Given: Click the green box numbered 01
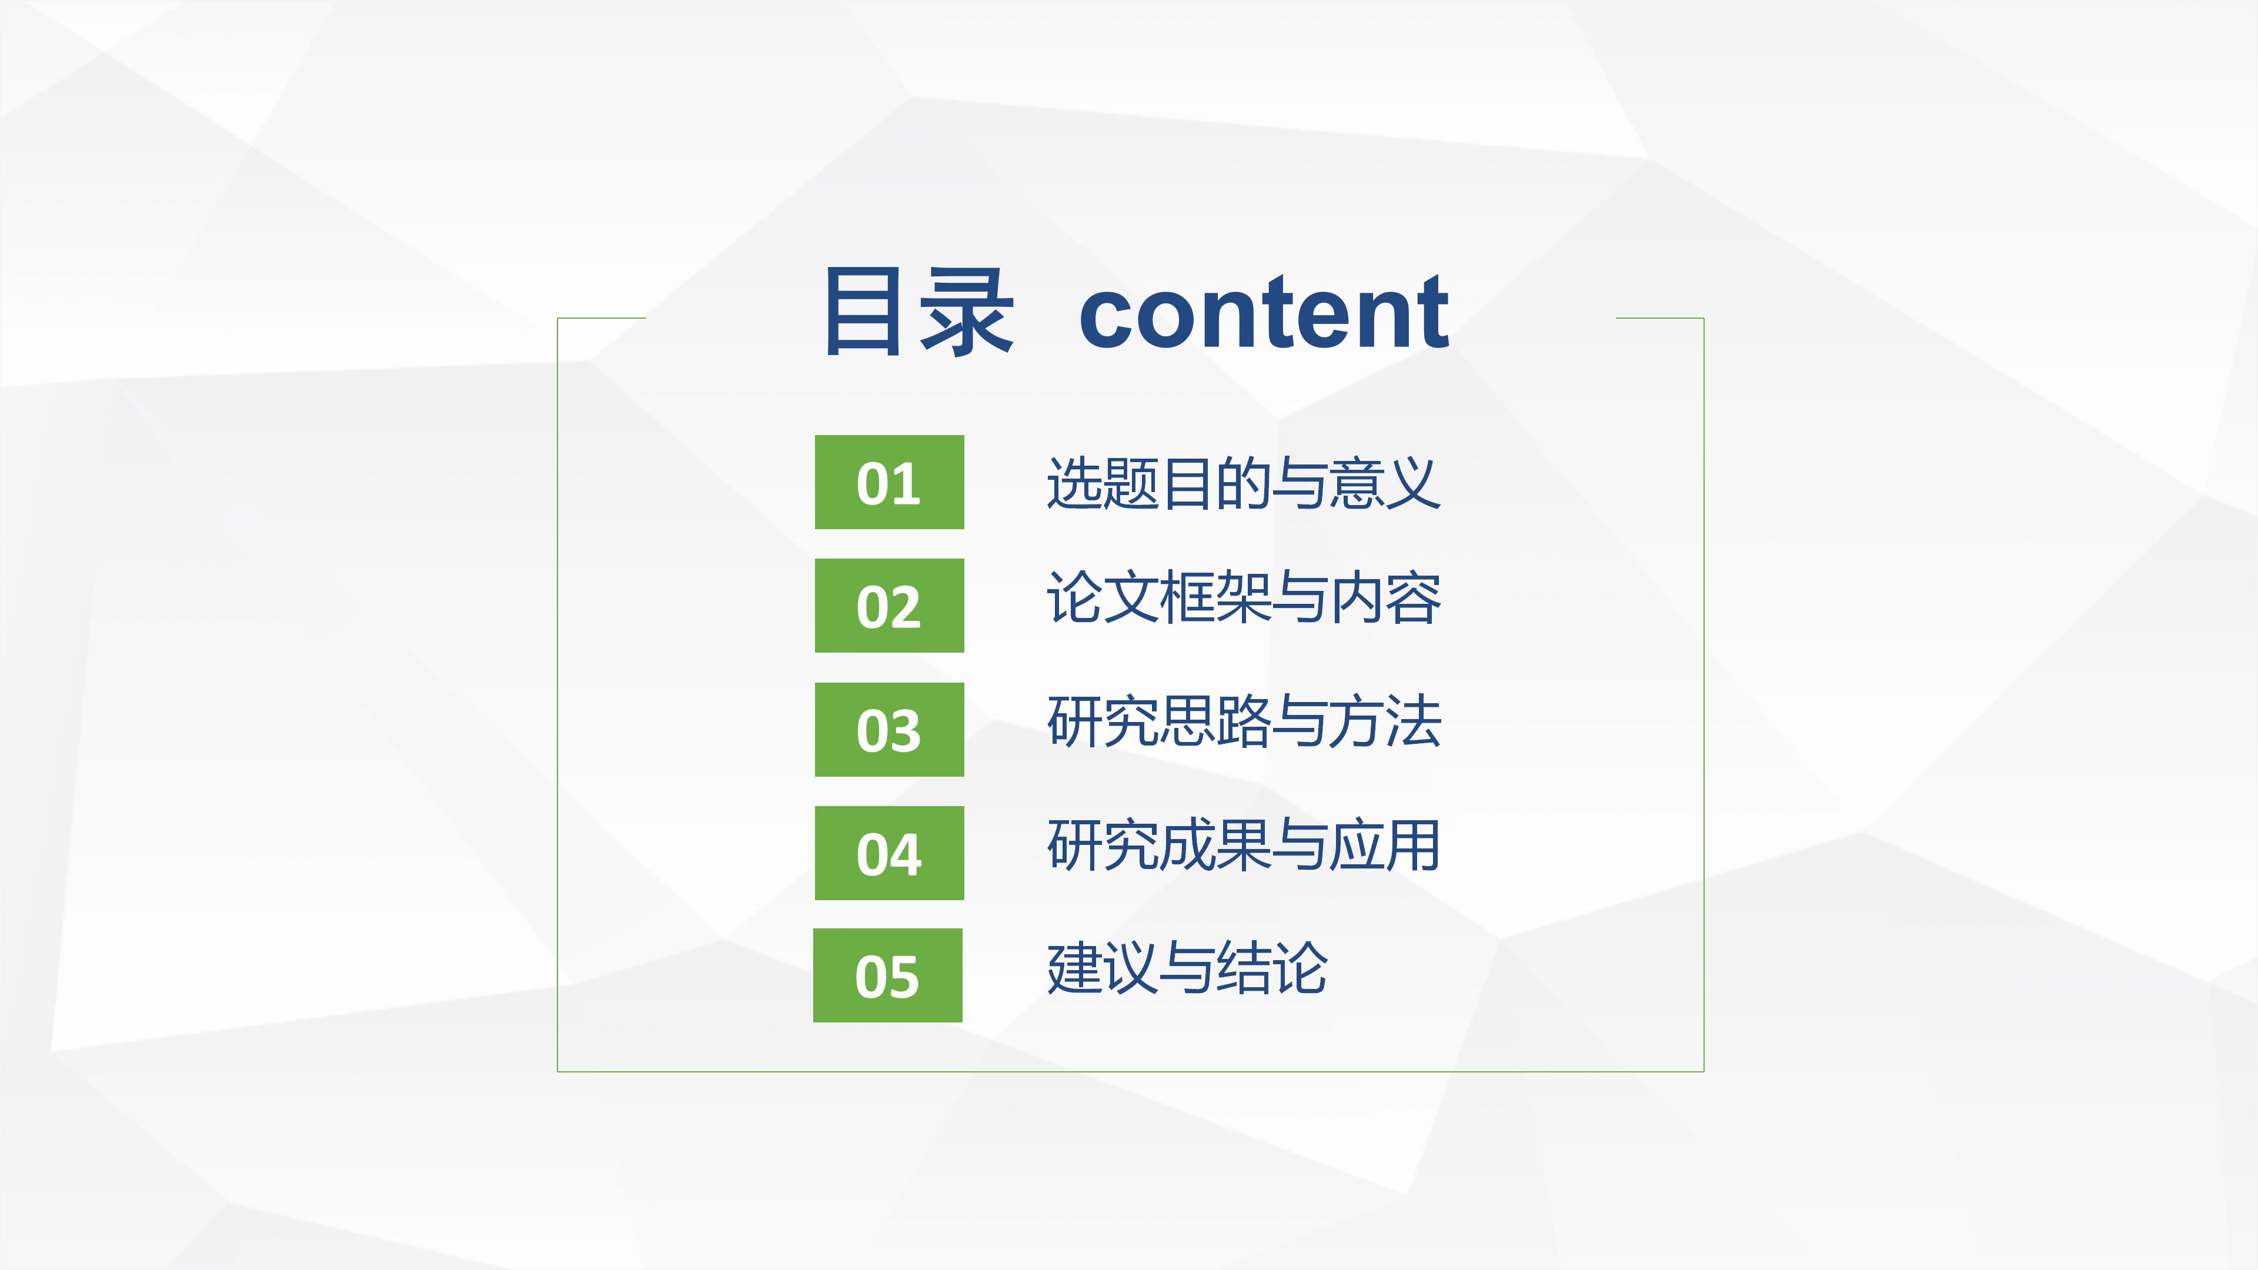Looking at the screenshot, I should tap(889, 482).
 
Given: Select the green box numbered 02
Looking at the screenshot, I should tap(889, 606).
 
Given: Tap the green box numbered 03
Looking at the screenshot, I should tap(889, 729).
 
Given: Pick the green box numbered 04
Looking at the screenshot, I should tap(889, 853).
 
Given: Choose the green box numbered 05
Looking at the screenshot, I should tap(887, 975).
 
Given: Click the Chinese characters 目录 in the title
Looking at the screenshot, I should tap(918, 313).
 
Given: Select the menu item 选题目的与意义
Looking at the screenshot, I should tap(1243, 483).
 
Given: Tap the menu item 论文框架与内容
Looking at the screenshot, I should tap(1243, 598).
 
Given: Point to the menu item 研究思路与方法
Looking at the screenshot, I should tap(1243, 721).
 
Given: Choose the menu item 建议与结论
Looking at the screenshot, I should tap(1187, 968).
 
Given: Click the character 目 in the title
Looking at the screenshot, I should tap(864, 313).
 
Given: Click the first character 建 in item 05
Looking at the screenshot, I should tap(1075, 968).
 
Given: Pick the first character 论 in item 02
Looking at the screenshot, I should tap(1075, 598).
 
